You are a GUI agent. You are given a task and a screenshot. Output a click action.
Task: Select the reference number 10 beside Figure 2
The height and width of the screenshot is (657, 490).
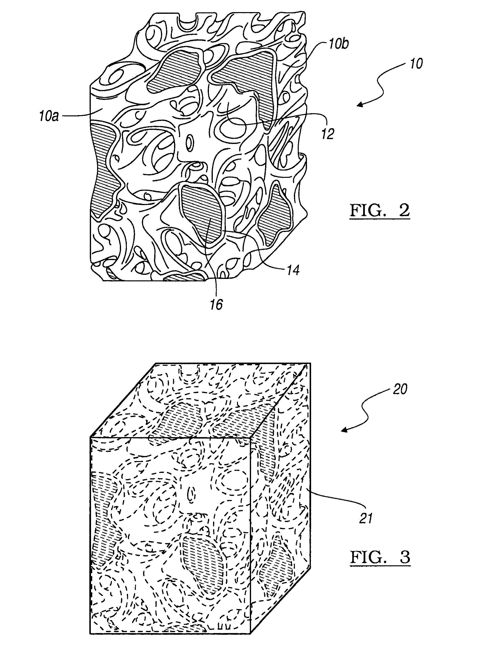(416, 64)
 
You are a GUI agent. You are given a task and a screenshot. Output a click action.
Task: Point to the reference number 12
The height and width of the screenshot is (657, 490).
(328, 134)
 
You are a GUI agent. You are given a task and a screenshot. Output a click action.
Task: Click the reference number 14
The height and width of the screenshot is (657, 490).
(293, 270)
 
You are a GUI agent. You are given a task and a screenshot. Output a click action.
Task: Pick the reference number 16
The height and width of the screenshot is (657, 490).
(216, 304)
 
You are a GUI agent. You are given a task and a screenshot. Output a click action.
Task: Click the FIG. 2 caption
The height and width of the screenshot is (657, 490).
(380, 211)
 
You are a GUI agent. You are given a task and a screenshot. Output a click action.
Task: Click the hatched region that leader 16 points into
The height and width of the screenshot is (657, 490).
(202, 213)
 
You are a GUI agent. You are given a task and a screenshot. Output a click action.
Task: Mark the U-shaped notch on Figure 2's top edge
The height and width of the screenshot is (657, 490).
(188, 24)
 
